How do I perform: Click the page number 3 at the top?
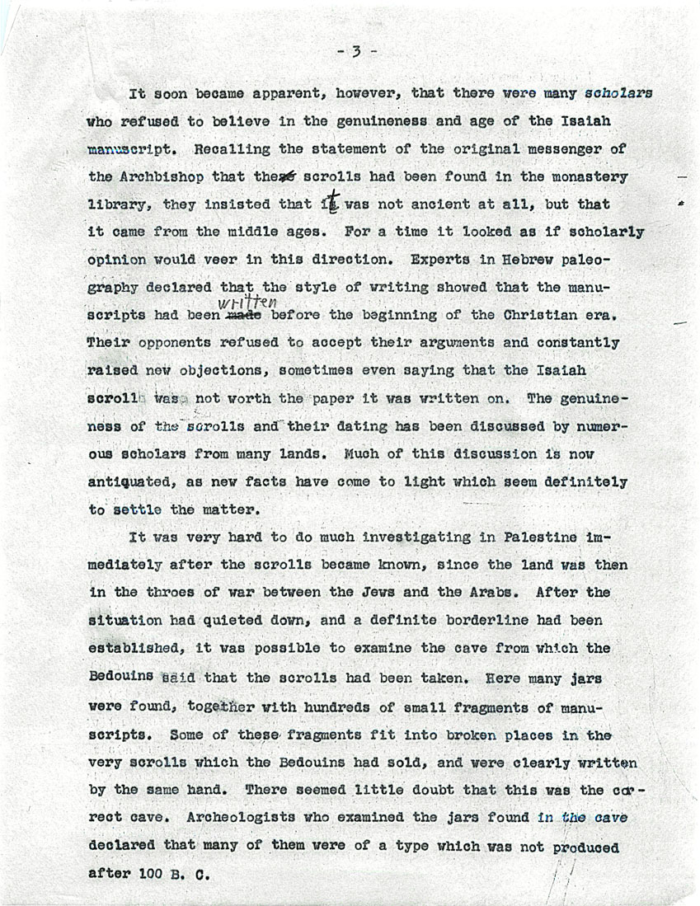356,52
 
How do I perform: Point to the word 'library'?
118,205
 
